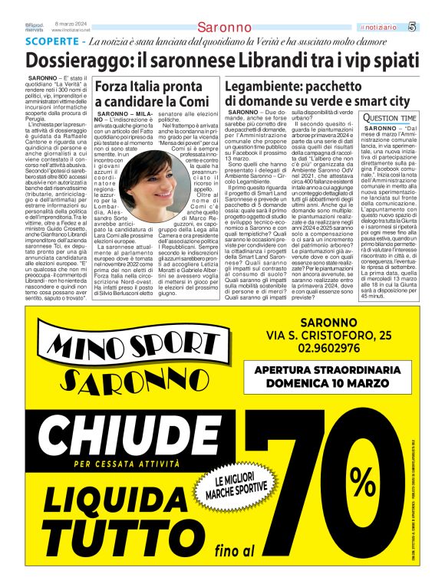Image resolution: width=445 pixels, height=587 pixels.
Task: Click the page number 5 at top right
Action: point(433,27)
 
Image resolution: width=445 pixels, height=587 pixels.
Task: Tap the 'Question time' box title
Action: point(390,117)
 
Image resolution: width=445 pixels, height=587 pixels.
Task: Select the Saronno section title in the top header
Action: point(223,28)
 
